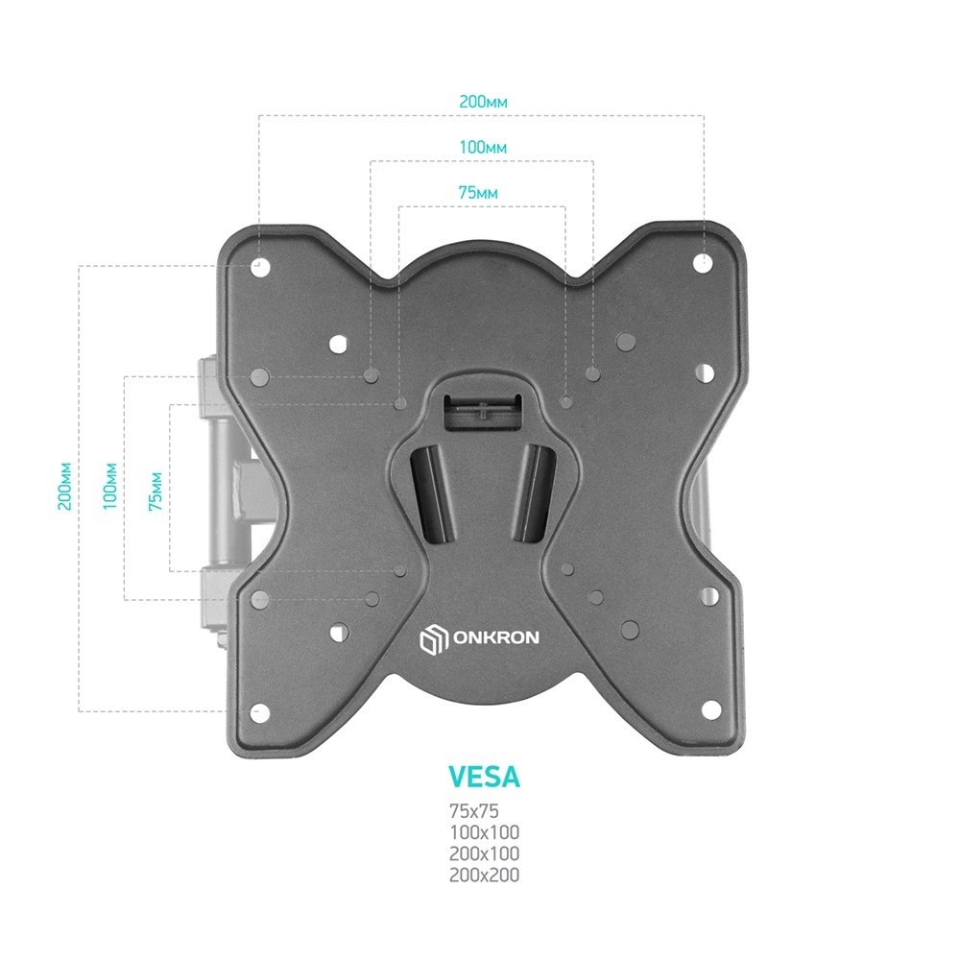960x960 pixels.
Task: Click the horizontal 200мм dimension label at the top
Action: (483, 102)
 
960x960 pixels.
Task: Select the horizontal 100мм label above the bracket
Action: (483, 148)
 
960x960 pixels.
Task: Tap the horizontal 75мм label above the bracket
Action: (478, 193)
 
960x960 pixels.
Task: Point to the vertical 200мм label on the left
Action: (65, 487)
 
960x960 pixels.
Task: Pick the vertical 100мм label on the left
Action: (110, 487)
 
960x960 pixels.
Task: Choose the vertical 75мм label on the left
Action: (156, 492)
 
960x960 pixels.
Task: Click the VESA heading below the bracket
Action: (484, 777)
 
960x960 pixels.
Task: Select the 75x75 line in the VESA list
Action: (474, 811)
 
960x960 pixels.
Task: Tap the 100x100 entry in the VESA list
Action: (484, 832)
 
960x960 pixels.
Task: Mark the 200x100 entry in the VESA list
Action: (484, 853)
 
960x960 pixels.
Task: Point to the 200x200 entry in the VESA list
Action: (484, 875)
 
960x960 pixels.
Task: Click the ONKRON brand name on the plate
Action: (496, 638)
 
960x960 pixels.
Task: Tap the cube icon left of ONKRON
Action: (434, 638)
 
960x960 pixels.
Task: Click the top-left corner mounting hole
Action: (260, 267)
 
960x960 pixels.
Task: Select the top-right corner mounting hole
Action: (703, 263)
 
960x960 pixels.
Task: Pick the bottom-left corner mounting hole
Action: (260, 712)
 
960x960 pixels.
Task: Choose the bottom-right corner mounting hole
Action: (710, 709)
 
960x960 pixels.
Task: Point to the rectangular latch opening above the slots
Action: (483, 412)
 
